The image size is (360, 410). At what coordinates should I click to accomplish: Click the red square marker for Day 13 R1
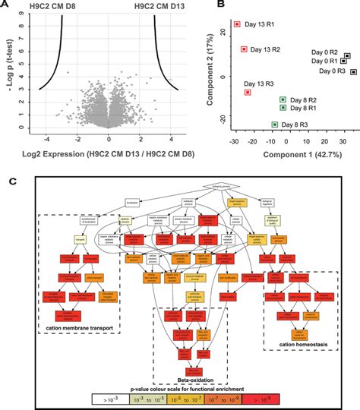(x=238, y=25)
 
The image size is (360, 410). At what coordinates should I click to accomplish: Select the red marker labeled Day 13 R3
(x=248, y=93)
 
